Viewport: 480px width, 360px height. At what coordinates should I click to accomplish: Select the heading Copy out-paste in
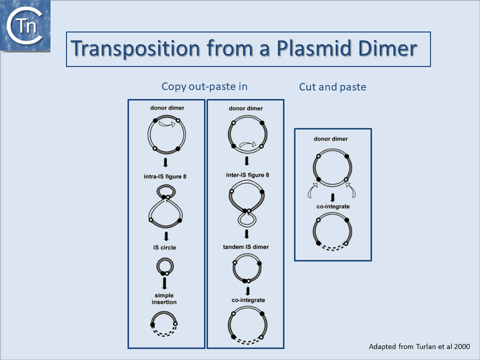[205, 86]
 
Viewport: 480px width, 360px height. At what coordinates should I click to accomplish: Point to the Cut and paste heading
[332, 87]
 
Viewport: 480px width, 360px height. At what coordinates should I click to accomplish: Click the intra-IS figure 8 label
[165, 175]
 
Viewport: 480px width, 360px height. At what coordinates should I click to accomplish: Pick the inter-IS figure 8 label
[245, 175]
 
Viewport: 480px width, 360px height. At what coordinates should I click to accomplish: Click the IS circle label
[165, 247]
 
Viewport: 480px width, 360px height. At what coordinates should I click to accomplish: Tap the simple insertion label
[164, 299]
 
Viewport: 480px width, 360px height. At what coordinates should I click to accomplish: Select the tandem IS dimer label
[245, 247]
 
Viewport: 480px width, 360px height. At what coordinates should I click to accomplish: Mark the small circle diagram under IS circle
[165, 266]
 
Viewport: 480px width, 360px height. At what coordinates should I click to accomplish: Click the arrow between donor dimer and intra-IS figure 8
[165, 163]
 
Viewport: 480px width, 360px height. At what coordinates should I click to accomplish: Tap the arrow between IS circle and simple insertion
[165, 284]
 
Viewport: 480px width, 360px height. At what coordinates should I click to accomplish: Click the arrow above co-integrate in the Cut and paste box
[332, 196]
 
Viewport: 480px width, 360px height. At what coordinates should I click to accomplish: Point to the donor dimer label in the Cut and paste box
[332, 139]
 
